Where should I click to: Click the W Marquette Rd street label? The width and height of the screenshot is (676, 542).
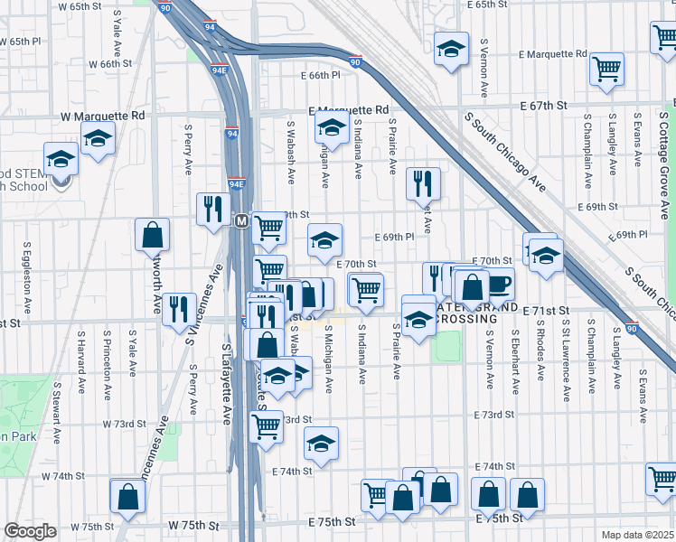coord(103,116)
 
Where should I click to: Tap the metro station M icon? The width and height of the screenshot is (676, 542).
coord(241,220)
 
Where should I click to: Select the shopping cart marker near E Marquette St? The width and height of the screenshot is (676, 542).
coord(607,68)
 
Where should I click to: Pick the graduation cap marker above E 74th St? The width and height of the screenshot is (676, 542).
coord(321,443)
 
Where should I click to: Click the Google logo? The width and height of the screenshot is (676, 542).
coord(30,530)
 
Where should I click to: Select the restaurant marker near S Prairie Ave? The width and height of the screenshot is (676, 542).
coord(423,184)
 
